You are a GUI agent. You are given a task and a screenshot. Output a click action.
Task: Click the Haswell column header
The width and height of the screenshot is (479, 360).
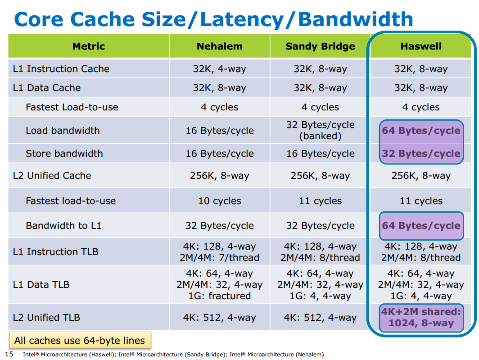421,46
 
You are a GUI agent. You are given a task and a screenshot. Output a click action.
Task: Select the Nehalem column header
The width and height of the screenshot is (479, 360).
220,46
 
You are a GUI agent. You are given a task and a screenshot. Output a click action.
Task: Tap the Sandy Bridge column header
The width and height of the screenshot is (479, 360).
320,46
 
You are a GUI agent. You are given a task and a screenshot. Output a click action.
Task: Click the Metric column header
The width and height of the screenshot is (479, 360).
89,46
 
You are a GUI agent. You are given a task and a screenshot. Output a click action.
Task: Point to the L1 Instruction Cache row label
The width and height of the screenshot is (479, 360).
61,68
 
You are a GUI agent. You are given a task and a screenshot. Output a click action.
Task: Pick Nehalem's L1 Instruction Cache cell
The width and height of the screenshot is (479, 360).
220,69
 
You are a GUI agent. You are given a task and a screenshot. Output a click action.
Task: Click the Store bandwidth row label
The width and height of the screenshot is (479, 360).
64,153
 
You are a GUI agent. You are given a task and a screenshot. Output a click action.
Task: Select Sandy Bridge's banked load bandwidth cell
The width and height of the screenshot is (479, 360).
320,130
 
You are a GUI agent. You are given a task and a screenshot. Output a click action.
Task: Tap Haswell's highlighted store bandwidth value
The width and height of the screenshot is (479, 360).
421,153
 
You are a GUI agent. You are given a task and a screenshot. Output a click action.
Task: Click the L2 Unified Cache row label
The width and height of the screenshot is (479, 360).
52,176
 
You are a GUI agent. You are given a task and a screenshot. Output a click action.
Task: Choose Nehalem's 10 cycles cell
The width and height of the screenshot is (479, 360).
220,201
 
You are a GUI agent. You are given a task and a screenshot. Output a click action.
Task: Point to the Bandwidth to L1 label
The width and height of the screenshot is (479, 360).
63,225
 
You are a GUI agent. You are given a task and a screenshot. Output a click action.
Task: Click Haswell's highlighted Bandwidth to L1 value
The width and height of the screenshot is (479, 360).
421,226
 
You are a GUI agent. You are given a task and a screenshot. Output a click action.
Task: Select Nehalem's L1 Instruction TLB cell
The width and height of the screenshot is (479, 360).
220,252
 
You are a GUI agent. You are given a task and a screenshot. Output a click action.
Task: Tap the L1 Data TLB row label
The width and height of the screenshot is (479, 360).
41,284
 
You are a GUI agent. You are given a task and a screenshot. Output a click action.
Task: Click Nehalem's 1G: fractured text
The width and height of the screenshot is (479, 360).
220,296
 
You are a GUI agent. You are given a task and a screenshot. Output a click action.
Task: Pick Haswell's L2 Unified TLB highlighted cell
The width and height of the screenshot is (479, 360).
421,318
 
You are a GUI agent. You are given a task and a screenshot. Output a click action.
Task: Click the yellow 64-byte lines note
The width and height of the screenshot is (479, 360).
80,340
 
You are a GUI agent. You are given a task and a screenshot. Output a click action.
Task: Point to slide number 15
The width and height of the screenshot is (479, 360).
9,354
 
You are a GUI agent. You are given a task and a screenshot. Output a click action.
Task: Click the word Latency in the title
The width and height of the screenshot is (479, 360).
242,19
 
